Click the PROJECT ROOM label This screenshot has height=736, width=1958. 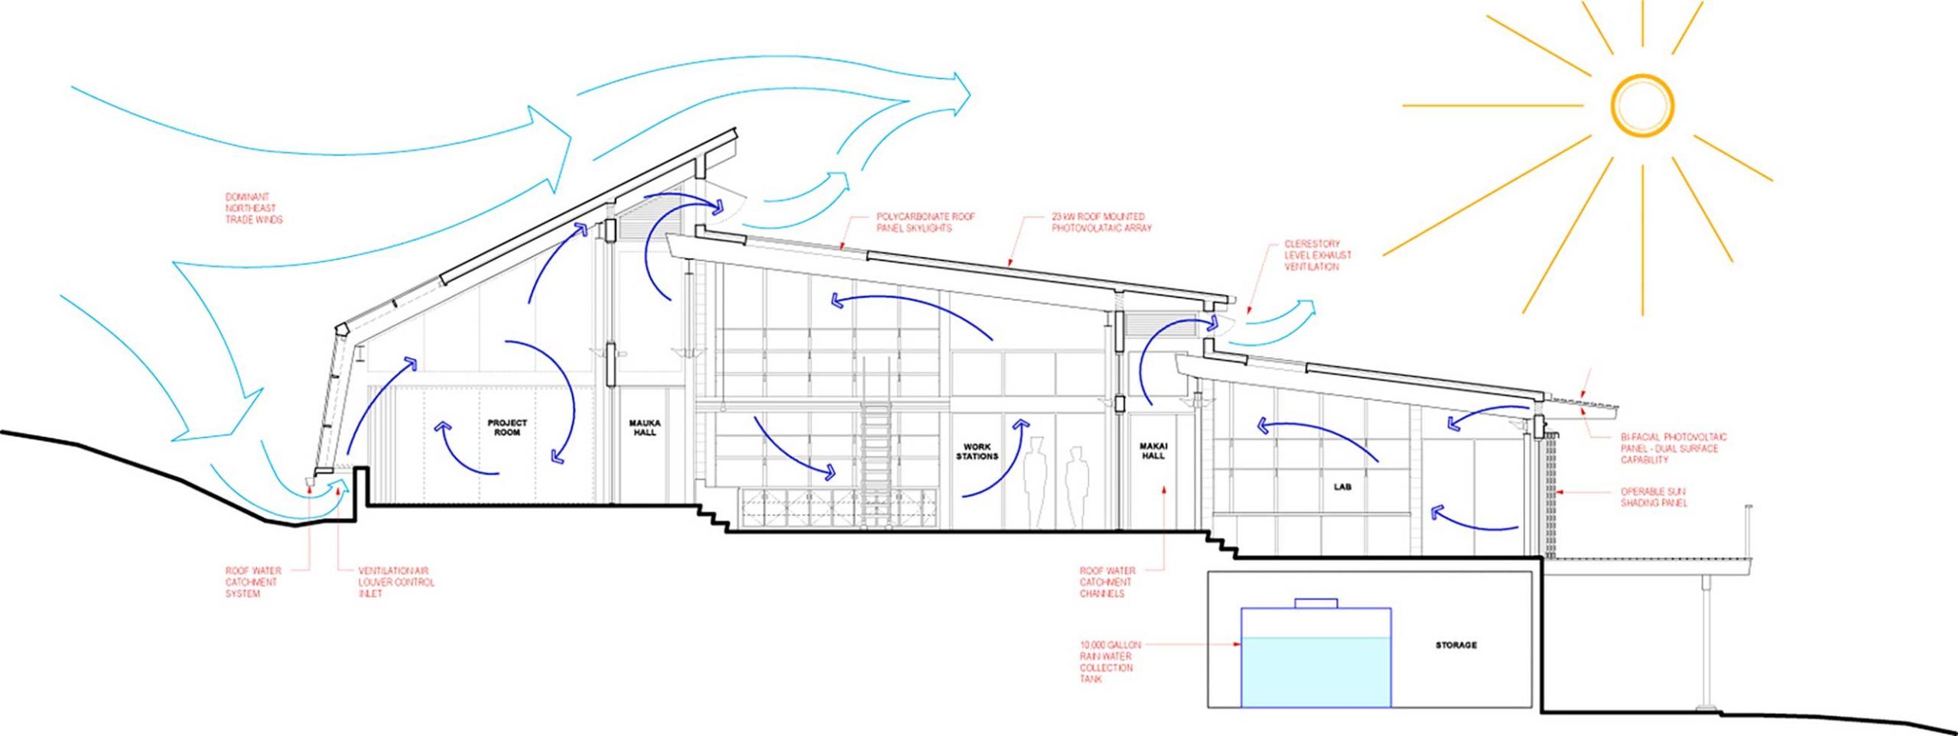[x=507, y=427]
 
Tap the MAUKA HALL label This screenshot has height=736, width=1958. [x=644, y=427]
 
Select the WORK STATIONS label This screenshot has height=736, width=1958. [x=977, y=451]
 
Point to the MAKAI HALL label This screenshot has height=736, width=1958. [x=1153, y=451]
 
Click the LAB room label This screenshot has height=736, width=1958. [x=1342, y=487]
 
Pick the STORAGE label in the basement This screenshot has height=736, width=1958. [x=1455, y=646]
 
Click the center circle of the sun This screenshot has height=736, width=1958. [x=1642, y=106]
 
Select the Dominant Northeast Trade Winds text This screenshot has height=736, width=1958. [x=253, y=208]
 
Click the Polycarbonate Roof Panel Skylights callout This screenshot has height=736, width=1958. [x=925, y=222]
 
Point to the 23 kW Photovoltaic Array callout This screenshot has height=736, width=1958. [x=1101, y=222]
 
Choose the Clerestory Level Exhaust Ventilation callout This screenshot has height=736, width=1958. [x=1317, y=255]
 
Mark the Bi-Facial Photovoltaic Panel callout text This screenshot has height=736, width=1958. [x=1673, y=449]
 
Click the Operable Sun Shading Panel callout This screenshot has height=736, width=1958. [x=1653, y=498]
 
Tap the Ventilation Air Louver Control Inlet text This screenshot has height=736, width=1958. [x=395, y=582]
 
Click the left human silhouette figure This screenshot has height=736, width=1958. [x=1036, y=481]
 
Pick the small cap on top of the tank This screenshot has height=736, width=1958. [x=1316, y=603]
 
